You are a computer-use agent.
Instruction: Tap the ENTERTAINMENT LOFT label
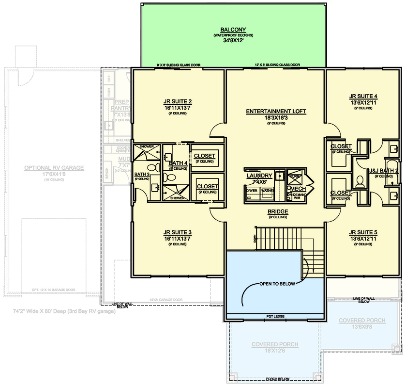click(276, 111)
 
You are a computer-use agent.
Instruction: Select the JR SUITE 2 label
click(178, 102)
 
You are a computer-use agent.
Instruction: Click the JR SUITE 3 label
click(178, 232)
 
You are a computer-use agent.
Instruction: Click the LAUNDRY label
click(259, 176)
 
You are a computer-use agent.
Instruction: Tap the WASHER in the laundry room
click(268, 191)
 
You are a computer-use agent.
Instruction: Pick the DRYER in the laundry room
click(252, 191)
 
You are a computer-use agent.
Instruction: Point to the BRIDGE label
click(278, 212)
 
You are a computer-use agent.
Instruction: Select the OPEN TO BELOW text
click(277, 283)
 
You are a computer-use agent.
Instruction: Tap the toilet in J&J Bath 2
click(360, 182)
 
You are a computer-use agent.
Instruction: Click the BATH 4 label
click(178, 163)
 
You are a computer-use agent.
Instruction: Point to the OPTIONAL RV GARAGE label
click(54, 168)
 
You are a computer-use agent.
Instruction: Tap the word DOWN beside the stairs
click(254, 238)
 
